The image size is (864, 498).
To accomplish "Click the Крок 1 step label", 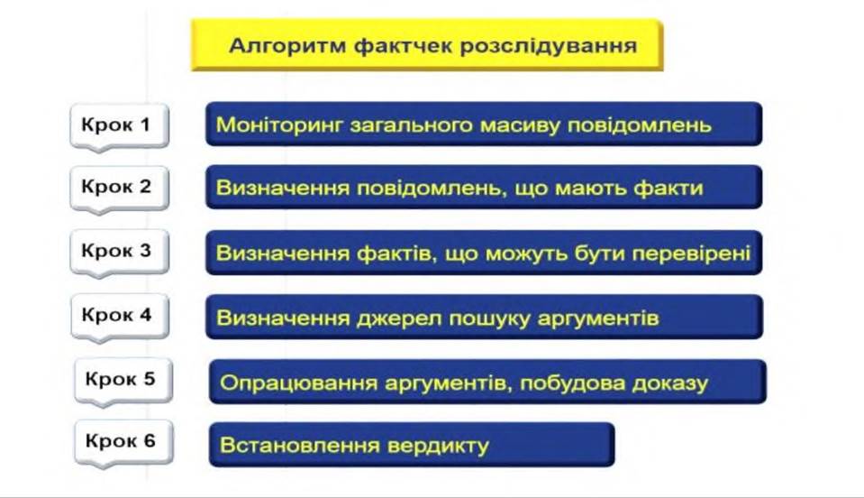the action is (x=115, y=124).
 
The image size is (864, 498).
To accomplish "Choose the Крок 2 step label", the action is (x=116, y=187).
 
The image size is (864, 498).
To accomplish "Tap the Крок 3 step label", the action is (x=116, y=251).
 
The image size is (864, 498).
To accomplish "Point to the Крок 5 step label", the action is (x=120, y=379).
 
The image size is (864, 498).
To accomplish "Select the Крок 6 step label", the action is (x=120, y=440).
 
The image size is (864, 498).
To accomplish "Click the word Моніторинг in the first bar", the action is (x=279, y=125).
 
